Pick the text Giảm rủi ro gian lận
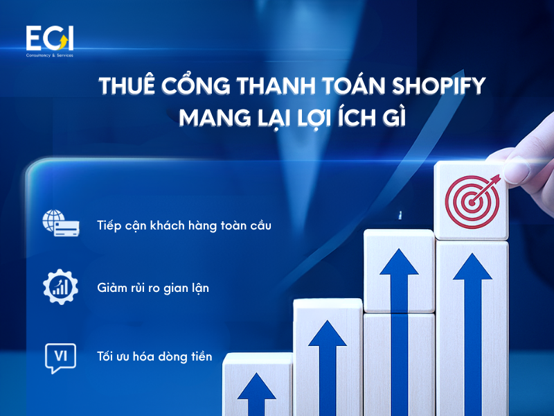(x=153, y=287)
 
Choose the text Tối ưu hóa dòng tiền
(x=154, y=356)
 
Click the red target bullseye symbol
(x=471, y=196)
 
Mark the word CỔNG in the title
(x=186, y=89)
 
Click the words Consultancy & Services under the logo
(x=49, y=55)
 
